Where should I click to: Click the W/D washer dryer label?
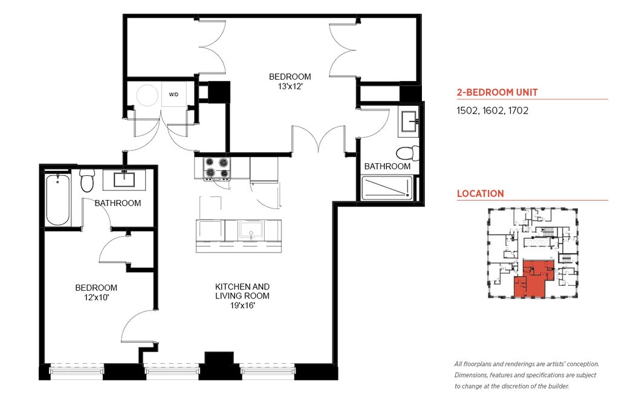pos(173,95)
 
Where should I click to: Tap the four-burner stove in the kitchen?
pos(216,168)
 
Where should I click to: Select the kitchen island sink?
pos(251,230)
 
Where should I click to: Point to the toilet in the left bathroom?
pos(87,181)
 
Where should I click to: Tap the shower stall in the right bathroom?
pos(387,188)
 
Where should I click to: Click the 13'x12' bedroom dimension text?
pos(290,86)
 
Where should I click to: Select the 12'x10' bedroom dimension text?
pos(96,297)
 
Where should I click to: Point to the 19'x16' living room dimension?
pos(242,305)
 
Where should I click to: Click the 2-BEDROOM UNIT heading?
pos(497,92)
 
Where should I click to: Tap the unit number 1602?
pos(493,111)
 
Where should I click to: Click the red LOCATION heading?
pos(481,194)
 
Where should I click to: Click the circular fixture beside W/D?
pos(148,95)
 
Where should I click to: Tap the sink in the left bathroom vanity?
pos(125,179)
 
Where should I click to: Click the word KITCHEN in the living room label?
pos(231,287)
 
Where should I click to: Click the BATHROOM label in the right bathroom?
pos(387,167)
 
